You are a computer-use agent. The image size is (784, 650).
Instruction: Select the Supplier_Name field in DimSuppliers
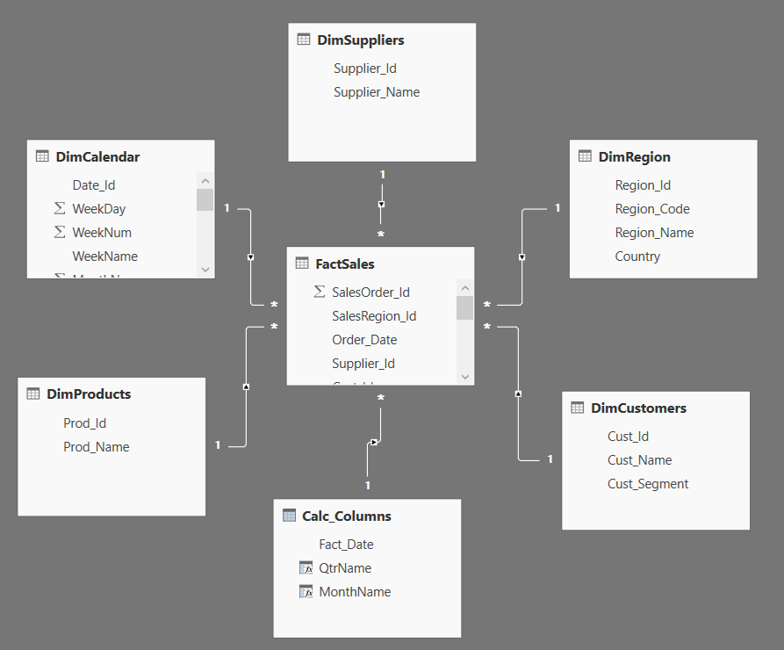click(377, 92)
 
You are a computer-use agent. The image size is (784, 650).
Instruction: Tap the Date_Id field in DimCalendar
click(94, 185)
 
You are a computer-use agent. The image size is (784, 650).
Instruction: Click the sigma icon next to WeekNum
click(60, 233)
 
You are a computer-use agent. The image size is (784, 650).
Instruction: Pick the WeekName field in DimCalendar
click(104, 256)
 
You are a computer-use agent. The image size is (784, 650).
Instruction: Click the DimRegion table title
click(634, 157)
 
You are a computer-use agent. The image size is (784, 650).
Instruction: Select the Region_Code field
click(652, 209)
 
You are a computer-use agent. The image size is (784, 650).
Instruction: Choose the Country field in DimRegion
click(637, 256)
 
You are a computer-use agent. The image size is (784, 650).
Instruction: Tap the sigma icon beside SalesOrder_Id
click(320, 292)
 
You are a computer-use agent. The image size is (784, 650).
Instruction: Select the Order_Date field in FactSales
click(364, 340)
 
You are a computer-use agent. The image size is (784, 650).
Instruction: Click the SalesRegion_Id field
click(374, 316)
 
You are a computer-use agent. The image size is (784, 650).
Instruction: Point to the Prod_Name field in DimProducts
click(96, 447)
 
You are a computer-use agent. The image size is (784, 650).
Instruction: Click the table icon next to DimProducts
click(33, 394)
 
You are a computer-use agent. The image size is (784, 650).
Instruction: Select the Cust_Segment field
click(648, 484)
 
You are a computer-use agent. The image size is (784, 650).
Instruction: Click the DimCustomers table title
click(638, 408)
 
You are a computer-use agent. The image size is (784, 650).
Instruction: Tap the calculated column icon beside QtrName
click(306, 568)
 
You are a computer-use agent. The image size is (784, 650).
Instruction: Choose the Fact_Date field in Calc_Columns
click(346, 545)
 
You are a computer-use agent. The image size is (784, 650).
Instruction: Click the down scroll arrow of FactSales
click(465, 376)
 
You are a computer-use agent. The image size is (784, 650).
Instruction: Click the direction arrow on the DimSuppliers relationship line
click(381, 205)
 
